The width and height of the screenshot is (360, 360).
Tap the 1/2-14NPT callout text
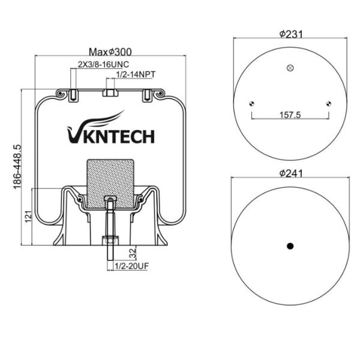coord(135,74)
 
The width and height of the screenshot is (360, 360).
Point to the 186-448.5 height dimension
coord(17,165)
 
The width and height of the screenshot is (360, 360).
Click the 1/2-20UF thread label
coord(131,266)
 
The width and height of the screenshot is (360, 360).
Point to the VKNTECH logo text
coord(109,136)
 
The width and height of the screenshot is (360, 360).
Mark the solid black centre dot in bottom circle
coord(290,246)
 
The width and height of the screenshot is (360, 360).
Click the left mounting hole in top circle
coord(252,103)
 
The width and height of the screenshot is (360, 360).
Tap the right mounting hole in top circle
coord(328,103)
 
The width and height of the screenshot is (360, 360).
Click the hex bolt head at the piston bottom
coord(109,240)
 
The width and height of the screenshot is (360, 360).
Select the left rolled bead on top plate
coord(59,94)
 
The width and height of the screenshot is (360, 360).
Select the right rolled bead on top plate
coord(159,94)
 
